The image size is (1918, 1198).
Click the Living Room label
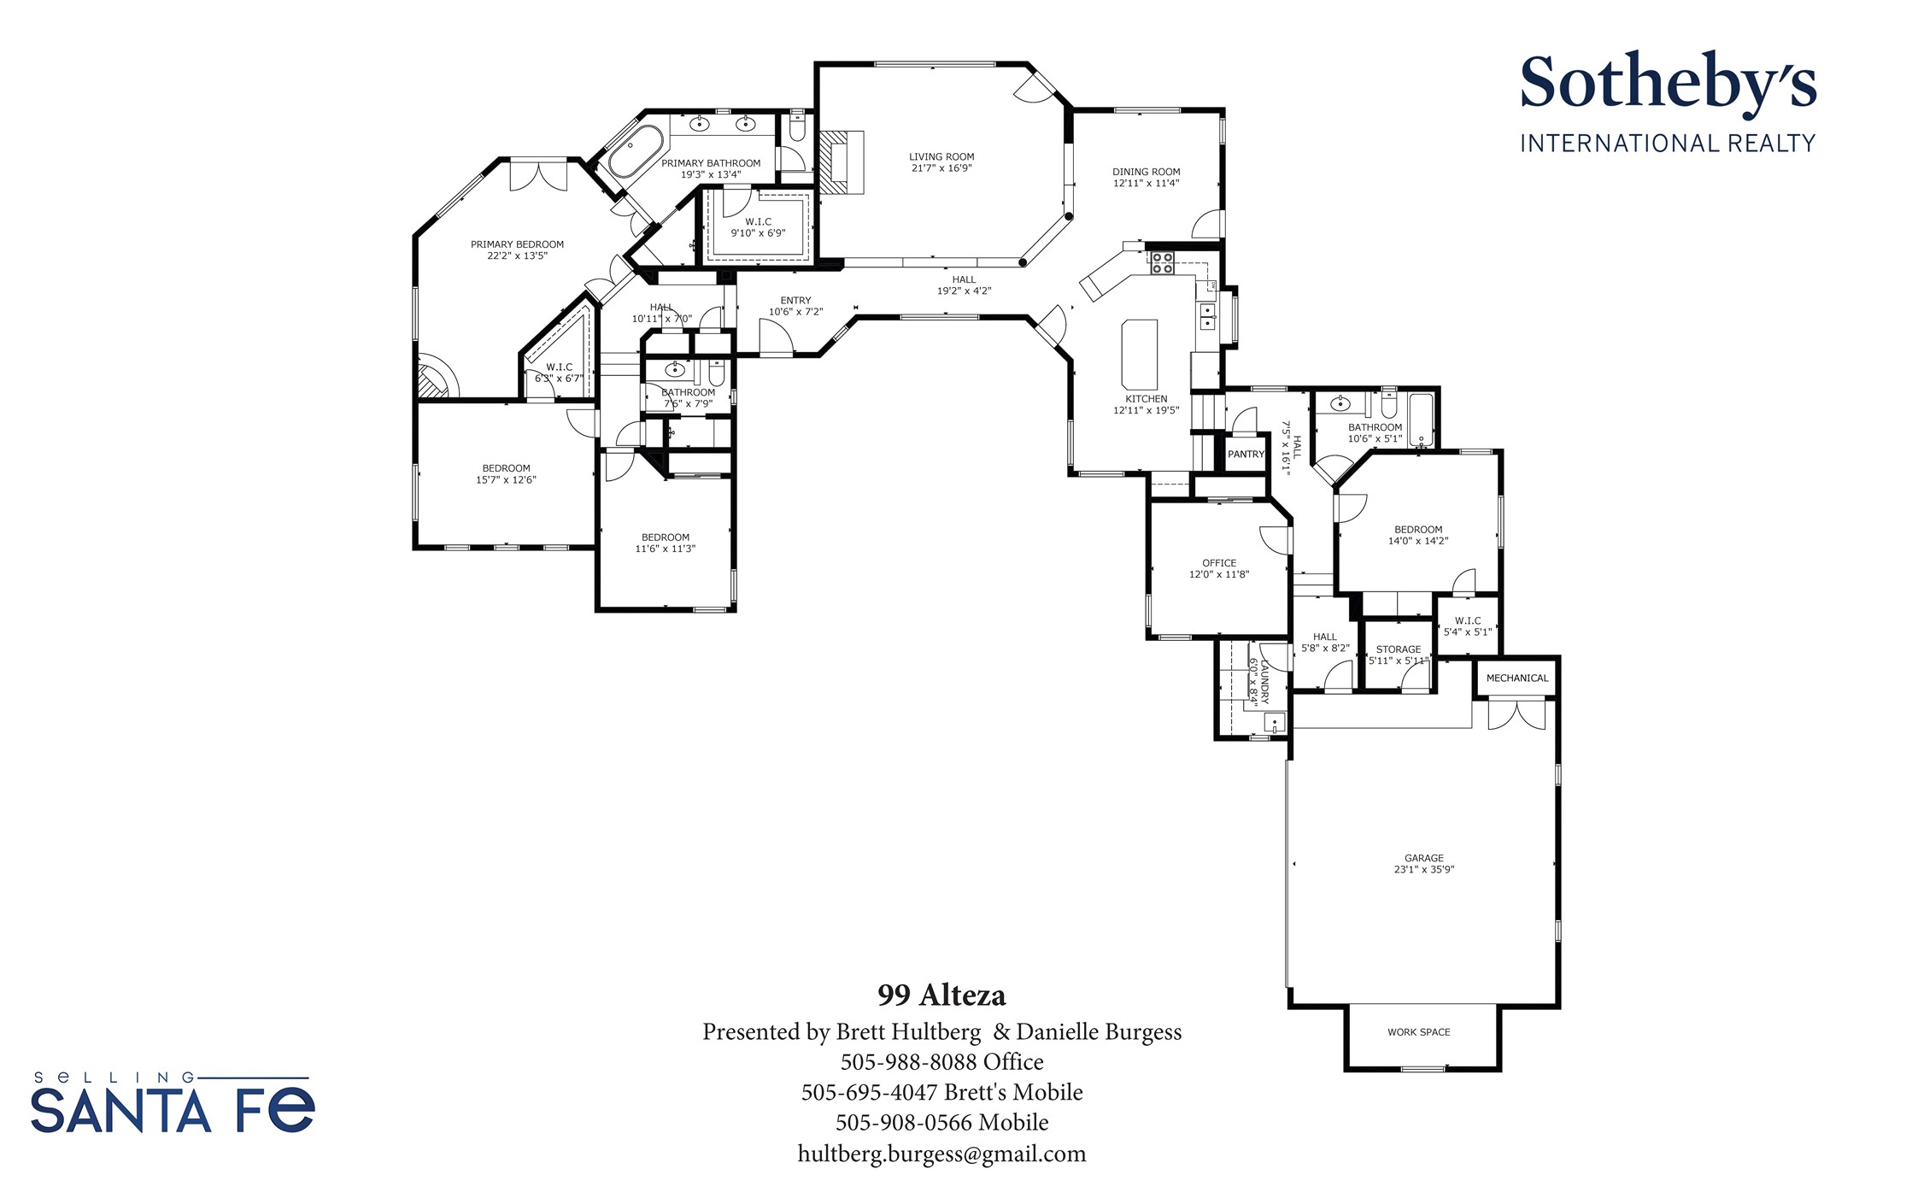click(x=941, y=156)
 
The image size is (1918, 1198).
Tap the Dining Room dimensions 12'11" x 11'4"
click(x=1146, y=183)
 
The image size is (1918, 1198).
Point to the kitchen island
click(x=1139, y=354)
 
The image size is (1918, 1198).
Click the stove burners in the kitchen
click(x=1161, y=262)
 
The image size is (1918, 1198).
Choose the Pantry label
click(x=1246, y=455)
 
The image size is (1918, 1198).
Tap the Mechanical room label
click(x=1517, y=678)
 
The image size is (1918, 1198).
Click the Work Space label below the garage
click(x=1419, y=1032)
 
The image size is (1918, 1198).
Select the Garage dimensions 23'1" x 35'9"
click(x=1424, y=870)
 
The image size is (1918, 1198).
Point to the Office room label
click(x=1219, y=563)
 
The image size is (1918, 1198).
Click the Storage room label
click(x=1399, y=649)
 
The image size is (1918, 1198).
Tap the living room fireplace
click(x=842, y=163)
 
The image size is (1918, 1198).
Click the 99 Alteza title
click(x=941, y=995)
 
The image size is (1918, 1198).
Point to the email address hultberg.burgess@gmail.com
click(x=941, y=1154)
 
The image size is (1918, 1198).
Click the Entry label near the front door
click(x=795, y=301)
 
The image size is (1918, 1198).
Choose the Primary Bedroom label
click(x=517, y=244)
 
